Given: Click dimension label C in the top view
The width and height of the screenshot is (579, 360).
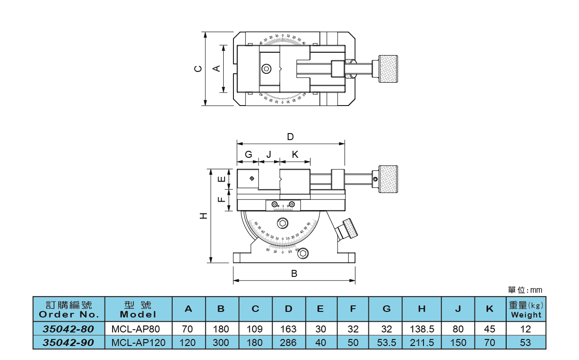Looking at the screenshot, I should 199,69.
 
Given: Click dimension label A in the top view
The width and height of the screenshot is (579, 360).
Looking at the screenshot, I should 216,69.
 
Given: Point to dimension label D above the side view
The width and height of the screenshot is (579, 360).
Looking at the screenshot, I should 290,137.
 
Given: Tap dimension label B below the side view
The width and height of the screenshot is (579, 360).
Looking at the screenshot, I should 294,274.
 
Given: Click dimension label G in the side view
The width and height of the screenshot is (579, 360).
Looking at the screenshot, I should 248,154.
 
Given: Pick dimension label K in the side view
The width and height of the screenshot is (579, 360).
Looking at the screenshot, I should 295,154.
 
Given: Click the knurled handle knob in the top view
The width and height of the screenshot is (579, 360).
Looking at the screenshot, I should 388,69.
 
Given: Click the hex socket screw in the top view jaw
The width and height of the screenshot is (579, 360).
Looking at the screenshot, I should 266,69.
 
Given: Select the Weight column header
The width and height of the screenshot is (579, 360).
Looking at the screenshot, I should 526,310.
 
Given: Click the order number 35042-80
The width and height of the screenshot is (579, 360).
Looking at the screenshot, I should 69,329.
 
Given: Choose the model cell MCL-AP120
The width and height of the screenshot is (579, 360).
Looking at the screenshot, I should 139,343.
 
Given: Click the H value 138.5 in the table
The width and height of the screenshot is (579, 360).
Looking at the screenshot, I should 422,329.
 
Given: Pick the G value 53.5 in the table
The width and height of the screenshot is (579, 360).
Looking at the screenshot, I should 386,343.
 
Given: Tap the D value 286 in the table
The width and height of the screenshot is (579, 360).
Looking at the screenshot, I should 289,343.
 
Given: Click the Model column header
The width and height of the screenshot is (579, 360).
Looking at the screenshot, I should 138,310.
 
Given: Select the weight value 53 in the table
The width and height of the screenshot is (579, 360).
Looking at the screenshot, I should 526,343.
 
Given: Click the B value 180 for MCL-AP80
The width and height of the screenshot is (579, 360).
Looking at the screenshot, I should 221,329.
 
